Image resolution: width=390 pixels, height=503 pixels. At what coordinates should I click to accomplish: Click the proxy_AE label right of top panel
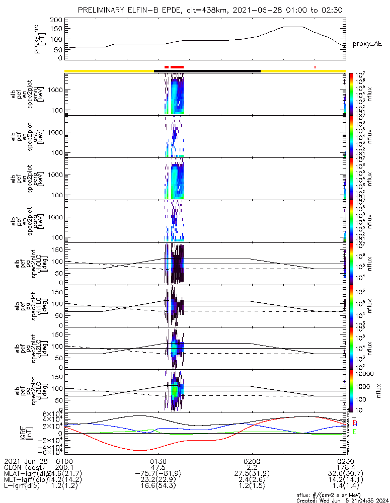click(367, 44)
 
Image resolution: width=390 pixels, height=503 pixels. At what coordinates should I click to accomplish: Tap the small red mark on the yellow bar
click(315, 67)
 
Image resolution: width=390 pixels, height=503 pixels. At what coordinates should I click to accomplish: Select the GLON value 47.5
click(158, 468)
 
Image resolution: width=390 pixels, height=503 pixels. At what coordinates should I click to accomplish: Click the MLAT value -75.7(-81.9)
click(158, 474)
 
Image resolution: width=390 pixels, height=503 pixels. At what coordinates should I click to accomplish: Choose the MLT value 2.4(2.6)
click(252, 481)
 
